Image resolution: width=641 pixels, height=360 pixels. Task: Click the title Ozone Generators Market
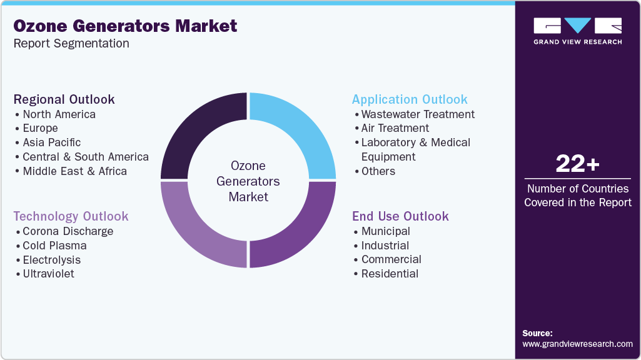pos(125,26)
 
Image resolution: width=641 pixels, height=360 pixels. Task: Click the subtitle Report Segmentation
pos(71,44)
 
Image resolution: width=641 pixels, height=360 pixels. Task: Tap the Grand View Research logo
pos(577,31)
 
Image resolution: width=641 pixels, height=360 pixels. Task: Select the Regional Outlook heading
pos(64,99)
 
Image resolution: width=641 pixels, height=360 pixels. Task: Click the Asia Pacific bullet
pos(51,142)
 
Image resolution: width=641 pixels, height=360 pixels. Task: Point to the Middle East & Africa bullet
pos(74,171)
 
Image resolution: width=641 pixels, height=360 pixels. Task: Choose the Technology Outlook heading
pos(71,216)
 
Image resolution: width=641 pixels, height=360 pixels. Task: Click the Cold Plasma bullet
pos(54,246)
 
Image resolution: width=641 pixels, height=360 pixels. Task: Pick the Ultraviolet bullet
pos(48,274)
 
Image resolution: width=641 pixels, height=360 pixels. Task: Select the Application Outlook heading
pos(410,99)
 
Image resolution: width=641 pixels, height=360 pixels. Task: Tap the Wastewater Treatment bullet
pos(418,114)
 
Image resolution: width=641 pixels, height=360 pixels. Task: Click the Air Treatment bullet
pos(395,128)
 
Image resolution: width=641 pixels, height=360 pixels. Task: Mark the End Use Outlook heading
pos(400,216)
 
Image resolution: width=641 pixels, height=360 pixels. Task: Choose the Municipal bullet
pos(385,231)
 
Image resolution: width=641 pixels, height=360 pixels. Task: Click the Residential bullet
pos(390,274)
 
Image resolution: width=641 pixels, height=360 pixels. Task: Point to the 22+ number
pos(577,164)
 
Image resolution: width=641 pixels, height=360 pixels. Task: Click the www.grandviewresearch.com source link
pos(577,344)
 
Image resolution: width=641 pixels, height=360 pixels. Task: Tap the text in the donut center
pos(248,181)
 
